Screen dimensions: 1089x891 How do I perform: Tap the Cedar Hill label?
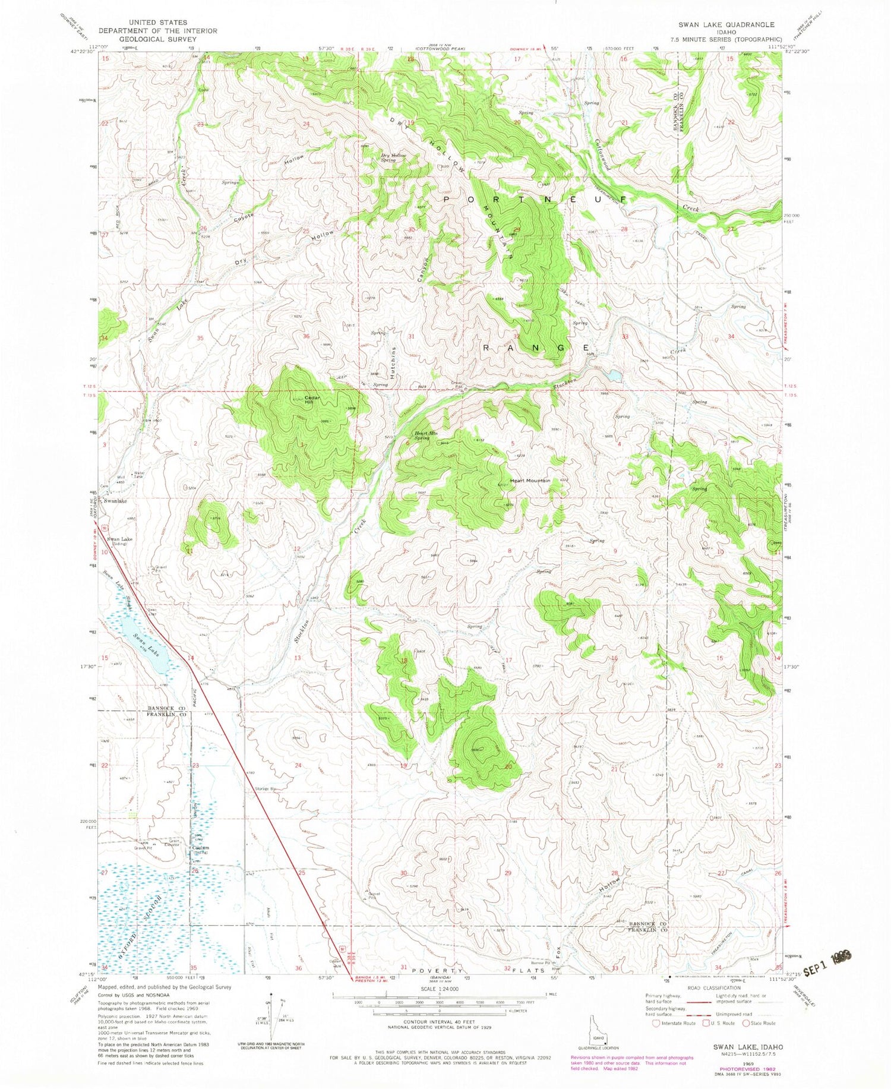(312, 400)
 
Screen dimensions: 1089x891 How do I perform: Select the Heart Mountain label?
(530, 480)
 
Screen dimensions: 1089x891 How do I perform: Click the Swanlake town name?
(116, 501)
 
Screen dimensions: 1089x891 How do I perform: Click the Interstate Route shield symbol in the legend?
(655, 1023)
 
